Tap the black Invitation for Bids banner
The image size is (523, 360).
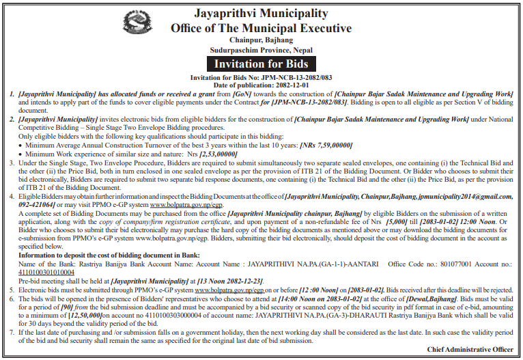click(261, 64)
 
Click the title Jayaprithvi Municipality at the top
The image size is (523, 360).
click(262, 14)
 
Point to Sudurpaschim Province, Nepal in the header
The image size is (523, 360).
click(261, 50)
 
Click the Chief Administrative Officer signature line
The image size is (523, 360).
click(470, 349)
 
